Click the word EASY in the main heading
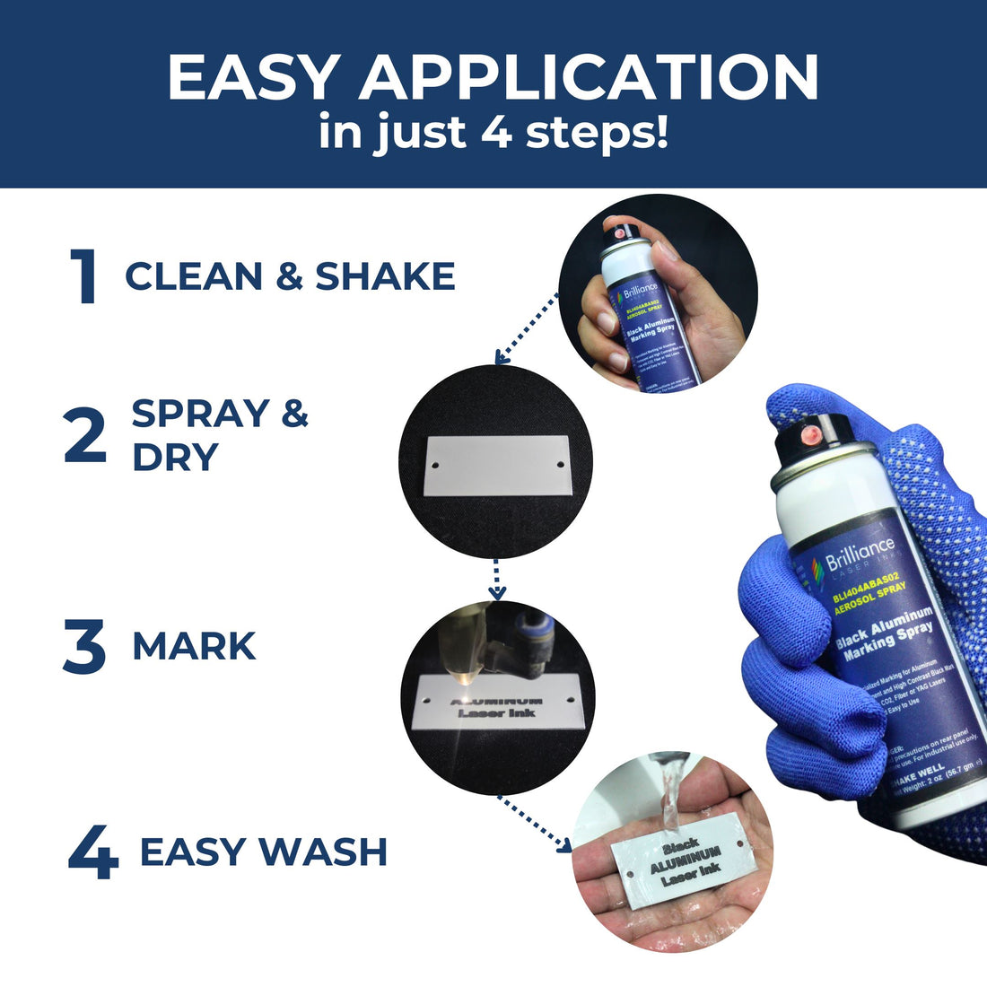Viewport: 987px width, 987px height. click(250, 78)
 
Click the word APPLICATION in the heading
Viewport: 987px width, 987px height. click(590, 78)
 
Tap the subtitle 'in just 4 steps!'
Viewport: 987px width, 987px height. click(493, 133)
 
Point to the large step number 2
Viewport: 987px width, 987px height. click(85, 437)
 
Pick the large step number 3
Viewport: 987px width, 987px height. click(84, 648)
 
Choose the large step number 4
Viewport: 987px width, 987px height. click(93, 853)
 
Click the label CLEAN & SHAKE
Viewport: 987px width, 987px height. click(290, 276)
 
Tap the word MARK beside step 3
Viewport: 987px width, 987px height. click(194, 647)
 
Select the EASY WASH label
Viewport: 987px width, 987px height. click(263, 852)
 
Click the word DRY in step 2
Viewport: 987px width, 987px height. click(175, 458)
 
